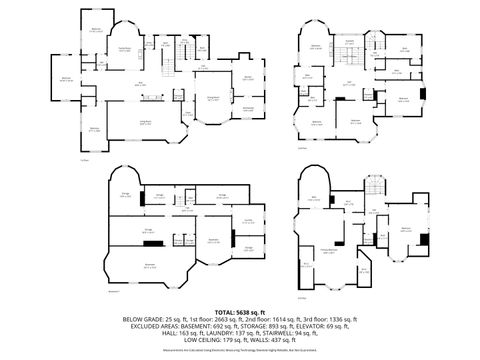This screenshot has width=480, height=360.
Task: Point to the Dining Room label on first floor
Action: pyautogui.click(x=211, y=98)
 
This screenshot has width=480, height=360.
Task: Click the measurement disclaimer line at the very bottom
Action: pyautogui.click(x=240, y=351)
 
